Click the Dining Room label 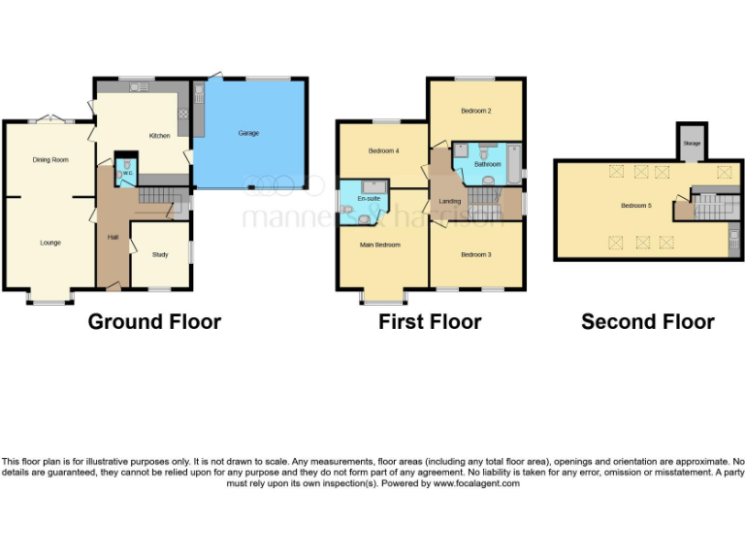pyautogui.click(x=50, y=160)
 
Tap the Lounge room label pyautogui.click(x=50, y=243)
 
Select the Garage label pyautogui.click(x=249, y=133)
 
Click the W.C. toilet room pyautogui.click(x=125, y=172)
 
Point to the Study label pyautogui.click(x=160, y=255)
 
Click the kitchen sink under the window pyautogui.click(x=143, y=88)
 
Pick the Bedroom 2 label pyautogui.click(x=475, y=112)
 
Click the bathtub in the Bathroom pyautogui.click(x=512, y=161)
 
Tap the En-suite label pyautogui.click(x=368, y=199)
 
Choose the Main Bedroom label pyautogui.click(x=380, y=245)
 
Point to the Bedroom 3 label pyautogui.click(x=475, y=254)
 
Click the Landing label pyautogui.click(x=450, y=202)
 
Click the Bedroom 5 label pyautogui.click(x=637, y=206)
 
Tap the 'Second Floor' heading pyautogui.click(x=647, y=322)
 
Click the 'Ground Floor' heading pyautogui.click(x=154, y=322)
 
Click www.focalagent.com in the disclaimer pyautogui.click(x=476, y=483)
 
